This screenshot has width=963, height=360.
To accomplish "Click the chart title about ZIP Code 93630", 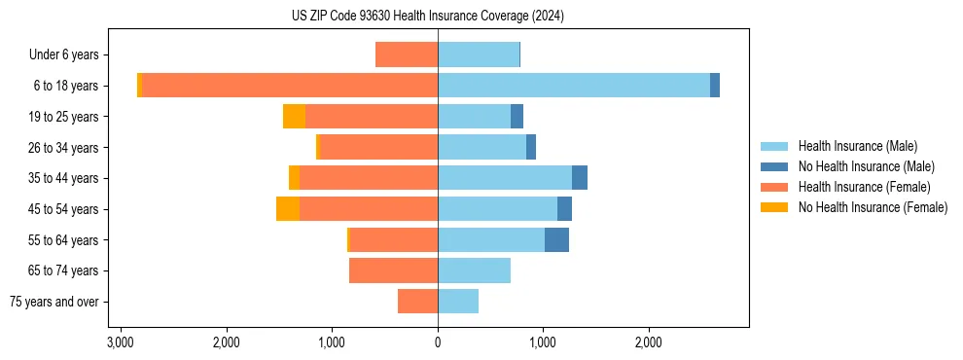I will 427,17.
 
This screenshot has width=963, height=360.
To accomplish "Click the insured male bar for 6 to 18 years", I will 574,86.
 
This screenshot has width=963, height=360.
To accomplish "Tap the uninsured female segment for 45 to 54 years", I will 288,209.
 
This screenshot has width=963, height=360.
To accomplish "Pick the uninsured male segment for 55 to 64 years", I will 556,240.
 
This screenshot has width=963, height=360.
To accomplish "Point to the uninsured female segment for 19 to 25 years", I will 294,117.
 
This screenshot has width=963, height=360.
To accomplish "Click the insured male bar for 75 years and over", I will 458,302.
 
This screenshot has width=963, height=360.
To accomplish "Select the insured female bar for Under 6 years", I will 407,55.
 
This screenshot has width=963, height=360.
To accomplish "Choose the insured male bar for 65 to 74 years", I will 474,270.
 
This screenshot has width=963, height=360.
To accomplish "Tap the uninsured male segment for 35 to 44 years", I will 580,178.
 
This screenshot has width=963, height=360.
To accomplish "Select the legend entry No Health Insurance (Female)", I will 873,207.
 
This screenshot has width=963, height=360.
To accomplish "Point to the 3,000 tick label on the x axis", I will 121,342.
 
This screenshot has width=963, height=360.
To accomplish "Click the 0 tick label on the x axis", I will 438,342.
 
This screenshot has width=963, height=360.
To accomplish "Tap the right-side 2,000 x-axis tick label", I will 649,342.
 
